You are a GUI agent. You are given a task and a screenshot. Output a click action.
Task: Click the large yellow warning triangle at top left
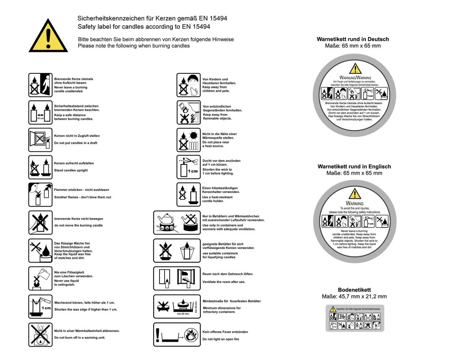pos(48,37)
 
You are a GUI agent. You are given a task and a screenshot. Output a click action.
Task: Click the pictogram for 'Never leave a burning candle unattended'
pos(40,85)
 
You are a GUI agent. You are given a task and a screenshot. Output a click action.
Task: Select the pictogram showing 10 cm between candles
pos(40,112)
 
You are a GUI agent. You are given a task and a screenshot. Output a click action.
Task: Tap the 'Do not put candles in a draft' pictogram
pos(40,140)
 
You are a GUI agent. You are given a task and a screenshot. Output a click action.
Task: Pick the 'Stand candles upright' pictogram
pos(40,167)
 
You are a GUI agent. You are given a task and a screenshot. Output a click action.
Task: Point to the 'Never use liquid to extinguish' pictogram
pos(40,278)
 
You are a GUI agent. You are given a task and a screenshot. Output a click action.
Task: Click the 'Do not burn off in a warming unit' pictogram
pos(40,334)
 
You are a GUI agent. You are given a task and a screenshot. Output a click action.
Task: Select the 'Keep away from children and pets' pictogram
pos(189,85)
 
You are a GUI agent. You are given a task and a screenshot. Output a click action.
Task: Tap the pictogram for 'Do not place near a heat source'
pos(189,140)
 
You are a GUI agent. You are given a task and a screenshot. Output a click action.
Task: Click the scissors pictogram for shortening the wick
pos(189,167)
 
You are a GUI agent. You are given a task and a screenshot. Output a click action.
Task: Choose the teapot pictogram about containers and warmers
pos(177,222)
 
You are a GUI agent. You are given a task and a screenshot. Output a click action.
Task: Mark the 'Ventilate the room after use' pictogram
pos(177,278)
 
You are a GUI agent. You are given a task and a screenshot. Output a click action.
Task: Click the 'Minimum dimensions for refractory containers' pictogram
pos(177,307)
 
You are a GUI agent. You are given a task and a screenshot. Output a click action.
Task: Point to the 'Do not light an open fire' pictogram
pos(177,334)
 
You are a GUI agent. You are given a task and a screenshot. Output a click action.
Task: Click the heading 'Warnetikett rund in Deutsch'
pos(352,39)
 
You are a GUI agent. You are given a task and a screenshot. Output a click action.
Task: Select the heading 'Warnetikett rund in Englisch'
pos(354,166)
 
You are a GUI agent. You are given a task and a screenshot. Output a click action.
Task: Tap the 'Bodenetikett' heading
pos(354,290)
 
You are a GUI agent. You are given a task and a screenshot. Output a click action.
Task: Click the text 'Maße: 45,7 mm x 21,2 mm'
pos(354,297)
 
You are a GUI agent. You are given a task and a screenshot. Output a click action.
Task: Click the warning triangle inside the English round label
pos(355,194)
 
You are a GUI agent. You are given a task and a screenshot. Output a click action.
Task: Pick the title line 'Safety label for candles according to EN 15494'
pos(144,26)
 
